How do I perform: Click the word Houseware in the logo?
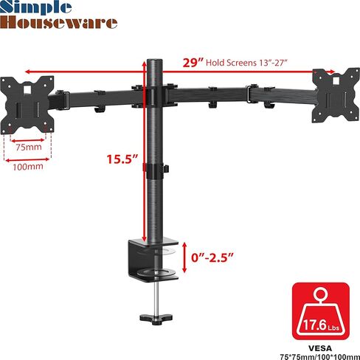58,22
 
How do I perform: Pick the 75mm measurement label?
30,147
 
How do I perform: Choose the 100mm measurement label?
29,166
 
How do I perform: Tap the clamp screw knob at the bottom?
156,319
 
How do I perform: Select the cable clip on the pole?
154,171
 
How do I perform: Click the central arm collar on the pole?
156,95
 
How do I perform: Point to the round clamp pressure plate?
154,276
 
